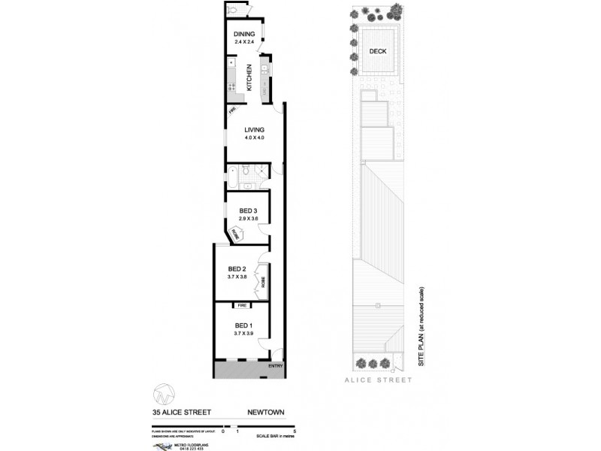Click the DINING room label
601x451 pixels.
[244, 35]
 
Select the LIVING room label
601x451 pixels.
[253, 129]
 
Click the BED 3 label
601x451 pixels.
[249, 210]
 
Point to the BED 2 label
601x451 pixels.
[238, 268]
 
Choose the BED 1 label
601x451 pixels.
[242, 324]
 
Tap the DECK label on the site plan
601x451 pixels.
[378, 51]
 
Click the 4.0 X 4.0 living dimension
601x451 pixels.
[254, 138]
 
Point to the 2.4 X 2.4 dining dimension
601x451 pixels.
[244, 43]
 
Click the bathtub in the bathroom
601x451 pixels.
[234, 178]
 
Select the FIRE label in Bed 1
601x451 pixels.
[242, 306]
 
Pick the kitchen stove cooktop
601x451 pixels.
[265, 72]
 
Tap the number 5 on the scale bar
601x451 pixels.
[296, 430]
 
